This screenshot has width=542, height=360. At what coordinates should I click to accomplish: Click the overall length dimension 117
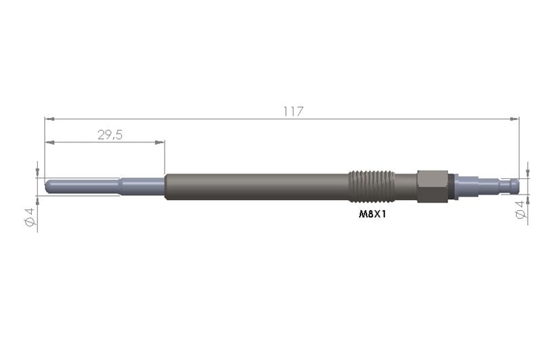(x=293, y=111)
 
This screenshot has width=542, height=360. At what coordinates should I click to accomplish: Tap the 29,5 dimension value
(x=110, y=135)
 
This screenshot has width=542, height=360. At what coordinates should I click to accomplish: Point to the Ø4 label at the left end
(x=29, y=217)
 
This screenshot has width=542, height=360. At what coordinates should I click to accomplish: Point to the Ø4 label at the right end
(x=520, y=209)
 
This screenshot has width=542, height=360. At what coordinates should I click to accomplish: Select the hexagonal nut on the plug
(x=431, y=186)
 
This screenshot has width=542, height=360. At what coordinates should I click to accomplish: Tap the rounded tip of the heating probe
(x=48, y=185)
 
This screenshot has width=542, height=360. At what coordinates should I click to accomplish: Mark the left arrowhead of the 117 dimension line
(x=48, y=119)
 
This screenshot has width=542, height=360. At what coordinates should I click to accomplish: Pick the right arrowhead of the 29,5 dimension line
(x=161, y=142)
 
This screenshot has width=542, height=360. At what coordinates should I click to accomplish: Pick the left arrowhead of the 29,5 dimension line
(x=48, y=142)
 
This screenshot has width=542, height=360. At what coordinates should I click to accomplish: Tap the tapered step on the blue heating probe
(x=121, y=185)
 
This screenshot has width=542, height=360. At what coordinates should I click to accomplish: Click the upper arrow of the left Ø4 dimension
(x=37, y=172)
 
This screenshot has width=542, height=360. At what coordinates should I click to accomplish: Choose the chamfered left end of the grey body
(x=167, y=186)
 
